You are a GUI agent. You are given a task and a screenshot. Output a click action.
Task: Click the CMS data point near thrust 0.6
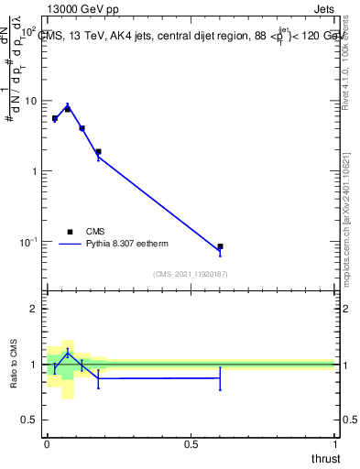pyautogui.click(x=220, y=246)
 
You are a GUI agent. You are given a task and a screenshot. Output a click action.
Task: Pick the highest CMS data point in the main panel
pyautogui.click(x=68, y=109)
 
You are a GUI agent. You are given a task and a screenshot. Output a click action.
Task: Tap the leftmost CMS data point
pyautogui.click(x=55, y=118)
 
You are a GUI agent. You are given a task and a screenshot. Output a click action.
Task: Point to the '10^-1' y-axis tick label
pyautogui.click(x=28, y=241)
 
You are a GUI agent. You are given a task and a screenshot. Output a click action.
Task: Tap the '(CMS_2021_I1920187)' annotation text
pyautogui.click(x=191, y=273)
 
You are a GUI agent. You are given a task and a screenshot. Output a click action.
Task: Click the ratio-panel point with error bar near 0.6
pyautogui.click(x=220, y=377)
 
